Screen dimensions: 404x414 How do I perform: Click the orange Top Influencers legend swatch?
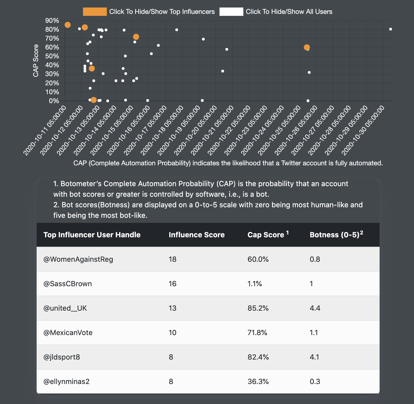pos(95,12)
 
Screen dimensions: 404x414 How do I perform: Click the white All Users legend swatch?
pos(231,12)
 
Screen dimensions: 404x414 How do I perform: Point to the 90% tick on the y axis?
pos(52,21)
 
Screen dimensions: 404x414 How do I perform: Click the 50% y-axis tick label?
pos(52,56)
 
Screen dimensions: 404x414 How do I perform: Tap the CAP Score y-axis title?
pos(36,61)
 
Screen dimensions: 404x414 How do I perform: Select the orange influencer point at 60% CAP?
pos(307,48)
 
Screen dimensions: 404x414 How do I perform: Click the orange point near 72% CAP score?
pos(136,37)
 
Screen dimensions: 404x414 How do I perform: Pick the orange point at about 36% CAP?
pos(92,68)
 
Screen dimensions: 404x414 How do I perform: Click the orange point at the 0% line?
pos(94,100)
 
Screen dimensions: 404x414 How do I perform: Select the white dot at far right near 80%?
pos(390,29)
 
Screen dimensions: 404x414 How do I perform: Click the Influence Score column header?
pos(196,235)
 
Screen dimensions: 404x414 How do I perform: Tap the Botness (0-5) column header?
pos(336,235)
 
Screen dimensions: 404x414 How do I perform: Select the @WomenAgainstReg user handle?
pos(78,259)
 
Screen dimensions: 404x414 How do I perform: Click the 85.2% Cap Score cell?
pos(258,308)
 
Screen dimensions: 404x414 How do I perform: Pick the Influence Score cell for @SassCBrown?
pos(172,284)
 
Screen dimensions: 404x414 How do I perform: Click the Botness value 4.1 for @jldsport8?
pos(315,357)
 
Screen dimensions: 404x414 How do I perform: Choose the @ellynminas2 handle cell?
pos(67,381)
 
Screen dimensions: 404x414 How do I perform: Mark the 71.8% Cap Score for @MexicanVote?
pos(257,333)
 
